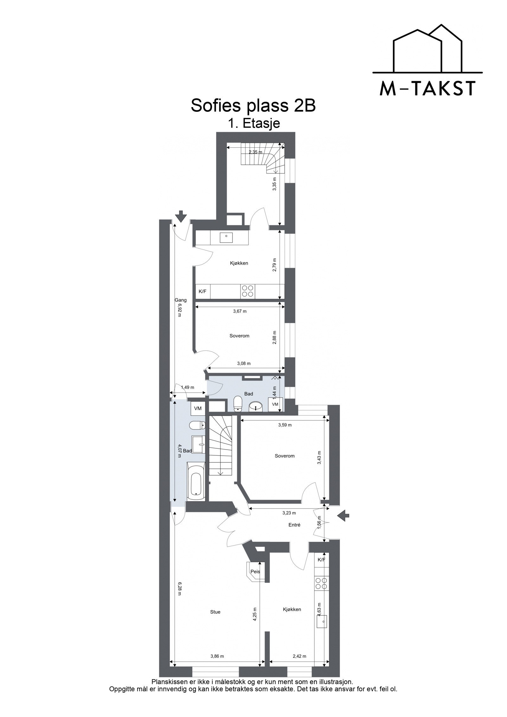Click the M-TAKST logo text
[x=427, y=88]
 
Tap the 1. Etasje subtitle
[x=254, y=124]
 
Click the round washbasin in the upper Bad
[x=255, y=406]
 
